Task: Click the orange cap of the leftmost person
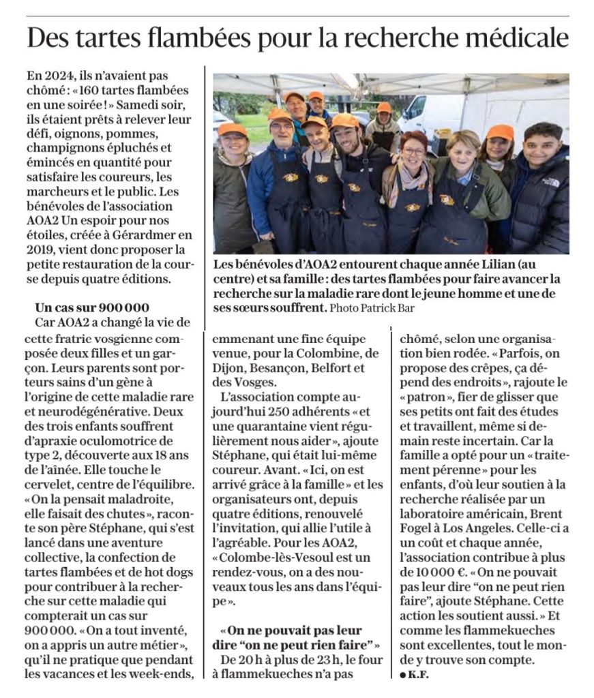click(233, 129)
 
